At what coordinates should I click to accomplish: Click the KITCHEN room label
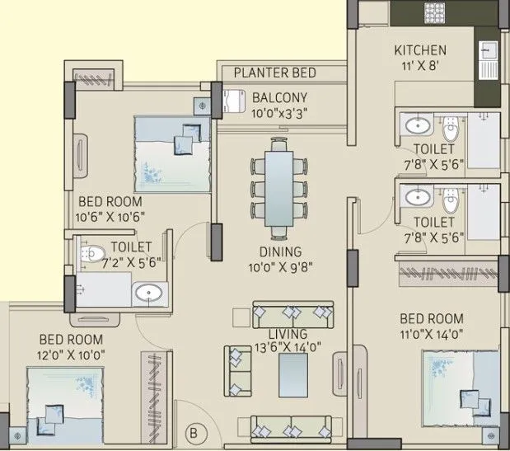419,50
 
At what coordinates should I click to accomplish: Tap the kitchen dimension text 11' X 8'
419,67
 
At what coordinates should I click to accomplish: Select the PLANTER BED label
274,73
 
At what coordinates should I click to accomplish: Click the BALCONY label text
280,96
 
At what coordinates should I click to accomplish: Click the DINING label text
279,251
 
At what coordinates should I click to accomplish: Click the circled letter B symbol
194,429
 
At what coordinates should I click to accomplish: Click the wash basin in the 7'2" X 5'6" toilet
149,292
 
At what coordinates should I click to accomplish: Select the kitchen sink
487,55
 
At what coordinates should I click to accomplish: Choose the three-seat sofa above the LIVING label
293,314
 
